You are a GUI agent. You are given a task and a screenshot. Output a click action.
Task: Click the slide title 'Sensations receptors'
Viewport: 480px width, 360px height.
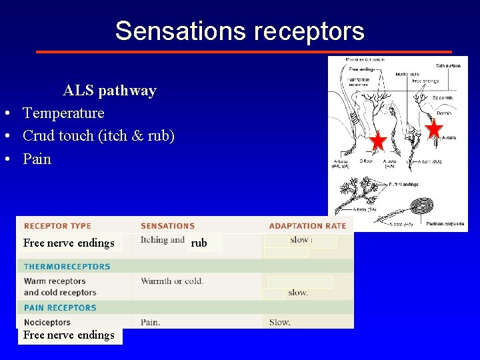pyautogui.click(x=239, y=31)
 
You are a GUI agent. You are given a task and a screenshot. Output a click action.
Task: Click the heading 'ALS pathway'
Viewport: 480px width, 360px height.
pyautogui.click(x=109, y=91)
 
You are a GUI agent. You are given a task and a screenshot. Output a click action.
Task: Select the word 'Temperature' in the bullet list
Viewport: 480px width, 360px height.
pyautogui.click(x=63, y=113)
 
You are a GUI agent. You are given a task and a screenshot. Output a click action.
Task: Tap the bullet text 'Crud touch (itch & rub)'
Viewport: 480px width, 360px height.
pyautogui.click(x=99, y=136)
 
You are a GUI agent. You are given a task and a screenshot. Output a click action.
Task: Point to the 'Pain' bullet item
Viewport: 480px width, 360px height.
pyautogui.click(x=37, y=159)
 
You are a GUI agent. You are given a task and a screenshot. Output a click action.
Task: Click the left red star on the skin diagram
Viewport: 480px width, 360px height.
pyautogui.click(x=378, y=141)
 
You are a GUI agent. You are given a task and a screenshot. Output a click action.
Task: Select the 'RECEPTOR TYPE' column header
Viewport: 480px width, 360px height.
pyautogui.click(x=57, y=226)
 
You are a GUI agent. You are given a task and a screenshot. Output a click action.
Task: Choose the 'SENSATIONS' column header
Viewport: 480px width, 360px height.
pyautogui.click(x=167, y=226)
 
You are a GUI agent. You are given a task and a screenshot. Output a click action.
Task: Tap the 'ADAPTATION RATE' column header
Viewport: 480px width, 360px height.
pyautogui.click(x=307, y=226)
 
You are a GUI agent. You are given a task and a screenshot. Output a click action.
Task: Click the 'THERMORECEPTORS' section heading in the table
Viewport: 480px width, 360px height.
pyautogui.click(x=67, y=267)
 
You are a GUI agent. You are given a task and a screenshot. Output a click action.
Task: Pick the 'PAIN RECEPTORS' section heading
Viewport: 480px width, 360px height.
pyautogui.click(x=60, y=308)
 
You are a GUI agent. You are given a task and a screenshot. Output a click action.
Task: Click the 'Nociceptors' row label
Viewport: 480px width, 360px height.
pyautogui.click(x=47, y=323)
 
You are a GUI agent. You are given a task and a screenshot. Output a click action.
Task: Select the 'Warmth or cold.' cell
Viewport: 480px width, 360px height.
pyautogui.click(x=172, y=281)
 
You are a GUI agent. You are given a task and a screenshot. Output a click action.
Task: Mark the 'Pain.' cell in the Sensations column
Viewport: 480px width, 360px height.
pyautogui.click(x=150, y=323)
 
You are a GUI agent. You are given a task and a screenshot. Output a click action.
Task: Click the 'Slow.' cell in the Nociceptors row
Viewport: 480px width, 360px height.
pyautogui.click(x=279, y=323)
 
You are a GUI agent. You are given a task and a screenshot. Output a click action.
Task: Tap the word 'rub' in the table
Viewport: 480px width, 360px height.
pyautogui.click(x=199, y=243)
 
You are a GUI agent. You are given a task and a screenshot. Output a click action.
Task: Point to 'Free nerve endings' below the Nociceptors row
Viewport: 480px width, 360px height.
pyautogui.click(x=69, y=335)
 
